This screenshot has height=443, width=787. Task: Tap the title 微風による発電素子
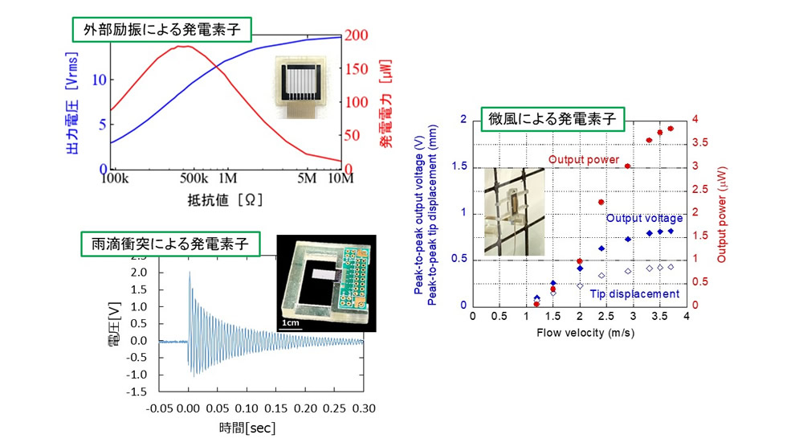click(552, 119)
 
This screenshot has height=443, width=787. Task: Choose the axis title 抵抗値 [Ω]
click(224, 198)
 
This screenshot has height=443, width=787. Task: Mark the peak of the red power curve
click(185, 46)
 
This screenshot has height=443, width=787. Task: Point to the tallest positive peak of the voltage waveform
click(190, 273)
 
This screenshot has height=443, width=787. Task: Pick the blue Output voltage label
click(644, 219)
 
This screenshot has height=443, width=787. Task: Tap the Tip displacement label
click(634, 294)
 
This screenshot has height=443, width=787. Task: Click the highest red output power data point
click(670, 129)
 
